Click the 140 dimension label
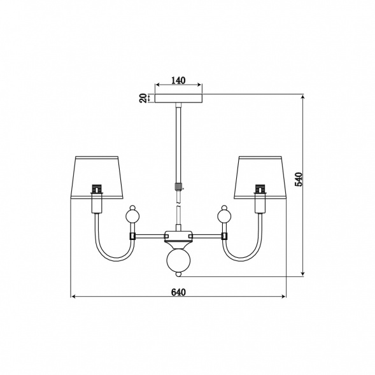tap(178, 80)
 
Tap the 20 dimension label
tap(143, 98)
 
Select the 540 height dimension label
tap(299, 180)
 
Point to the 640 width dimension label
tap(178, 292)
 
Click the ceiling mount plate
tap(178, 98)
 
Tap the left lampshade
tap(97, 178)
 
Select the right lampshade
tap(260, 178)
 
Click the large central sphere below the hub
tap(178, 260)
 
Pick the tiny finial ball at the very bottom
tap(178, 274)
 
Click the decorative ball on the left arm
tap(132, 216)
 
